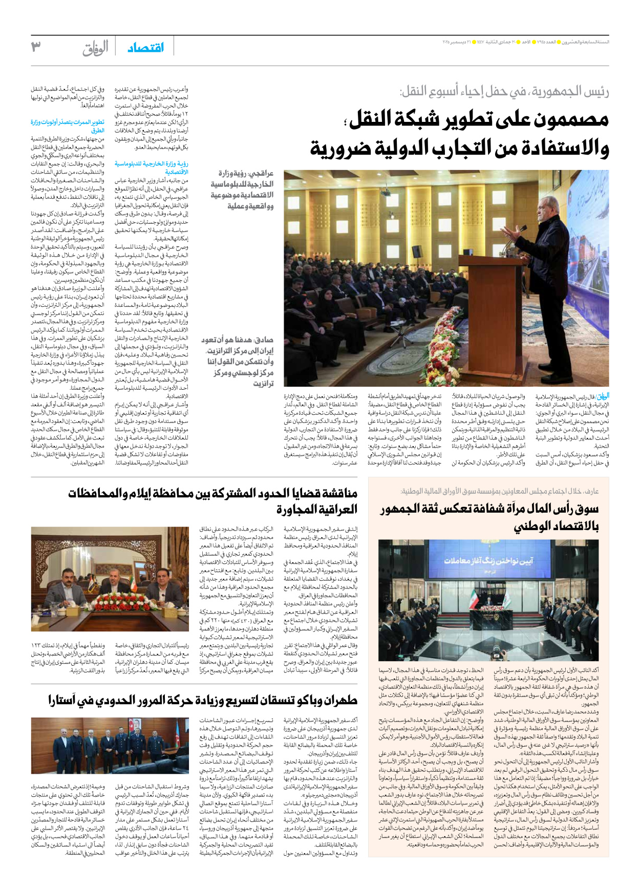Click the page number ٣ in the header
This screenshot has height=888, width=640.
click(36, 47)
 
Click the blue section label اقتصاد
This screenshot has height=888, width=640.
click(145, 48)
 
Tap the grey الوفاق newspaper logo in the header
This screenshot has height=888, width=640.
click(96, 48)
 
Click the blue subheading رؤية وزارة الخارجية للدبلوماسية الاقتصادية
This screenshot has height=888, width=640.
click(152, 167)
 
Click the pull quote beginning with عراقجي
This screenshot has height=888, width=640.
click(242, 189)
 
